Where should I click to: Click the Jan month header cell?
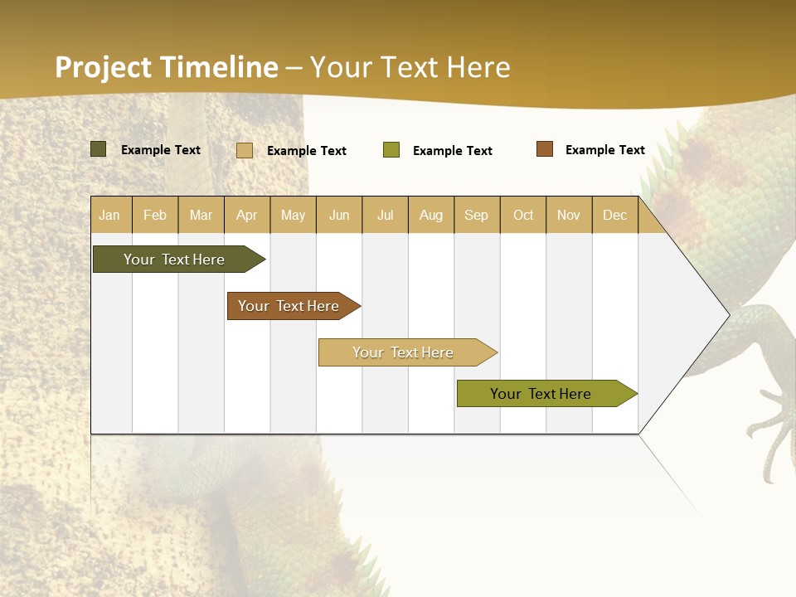(x=110, y=216)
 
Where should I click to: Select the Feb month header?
(x=155, y=216)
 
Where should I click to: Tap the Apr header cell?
(x=247, y=216)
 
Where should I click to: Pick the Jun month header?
(x=339, y=216)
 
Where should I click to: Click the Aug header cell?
(x=431, y=216)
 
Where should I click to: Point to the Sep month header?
(x=477, y=216)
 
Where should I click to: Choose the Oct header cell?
(x=523, y=216)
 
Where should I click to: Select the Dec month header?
(x=615, y=216)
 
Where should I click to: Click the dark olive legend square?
(x=99, y=149)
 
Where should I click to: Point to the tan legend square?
(x=245, y=150)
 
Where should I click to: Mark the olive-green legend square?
(x=391, y=150)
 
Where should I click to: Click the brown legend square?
(x=545, y=149)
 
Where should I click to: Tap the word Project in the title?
(x=104, y=67)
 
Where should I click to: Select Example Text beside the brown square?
(x=605, y=150)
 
